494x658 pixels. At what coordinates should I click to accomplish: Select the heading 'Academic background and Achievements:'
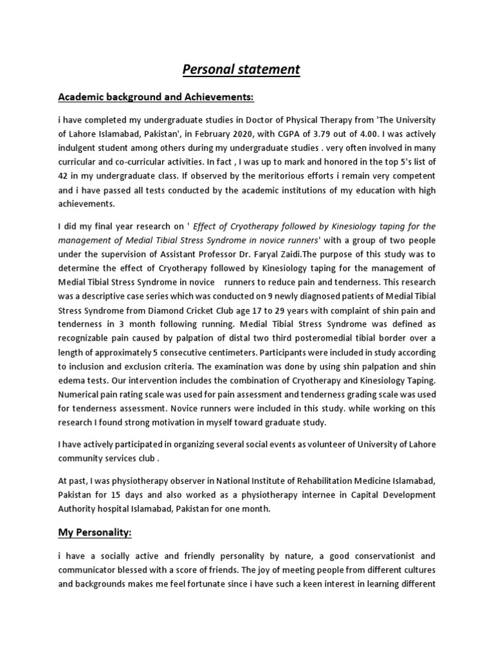coord(156,97)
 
